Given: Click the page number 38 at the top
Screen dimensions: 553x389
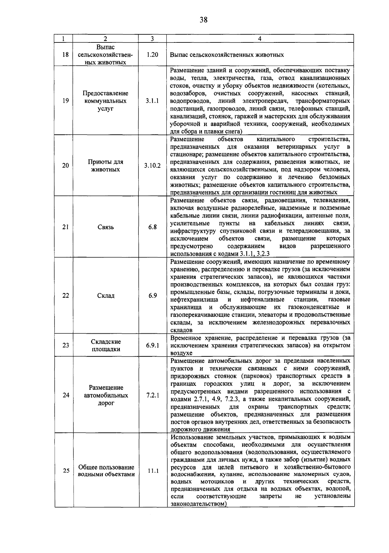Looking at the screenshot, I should (x=203, y=20).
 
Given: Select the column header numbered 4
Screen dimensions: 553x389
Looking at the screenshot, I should (x=260, y=39).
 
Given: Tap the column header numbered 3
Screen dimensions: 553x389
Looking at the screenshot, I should (x=152, y=39).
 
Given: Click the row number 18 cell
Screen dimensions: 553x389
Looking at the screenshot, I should (x=65, y=54).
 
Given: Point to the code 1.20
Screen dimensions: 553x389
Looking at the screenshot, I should (x=152, y=54).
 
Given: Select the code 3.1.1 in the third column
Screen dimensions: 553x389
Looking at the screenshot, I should (x=152, y=101).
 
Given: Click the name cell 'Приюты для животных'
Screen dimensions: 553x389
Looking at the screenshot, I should (x=106, y=166).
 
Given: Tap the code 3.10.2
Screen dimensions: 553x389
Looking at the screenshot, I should (x=152, y=166).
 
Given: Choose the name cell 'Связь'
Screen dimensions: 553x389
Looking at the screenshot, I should (x=106, y=227).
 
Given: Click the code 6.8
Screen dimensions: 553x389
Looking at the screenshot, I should (x=152, y=227).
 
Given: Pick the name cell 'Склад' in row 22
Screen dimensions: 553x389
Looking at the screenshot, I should (x=106, y=295).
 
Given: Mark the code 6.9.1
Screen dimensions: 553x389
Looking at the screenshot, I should (x=152, y=345).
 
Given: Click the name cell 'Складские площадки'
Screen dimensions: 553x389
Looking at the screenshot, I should (x=106, y=345).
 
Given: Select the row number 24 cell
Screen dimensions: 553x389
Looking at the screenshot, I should (x=66, y=395).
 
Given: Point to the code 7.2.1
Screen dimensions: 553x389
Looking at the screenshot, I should (x=152, y=395).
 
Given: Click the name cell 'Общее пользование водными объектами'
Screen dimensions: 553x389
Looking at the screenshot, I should (x=106, y=471).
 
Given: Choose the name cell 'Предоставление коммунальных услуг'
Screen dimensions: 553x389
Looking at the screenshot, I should (x=106, y=101).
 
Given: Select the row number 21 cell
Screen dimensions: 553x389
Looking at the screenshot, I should (x=65, y=227).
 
